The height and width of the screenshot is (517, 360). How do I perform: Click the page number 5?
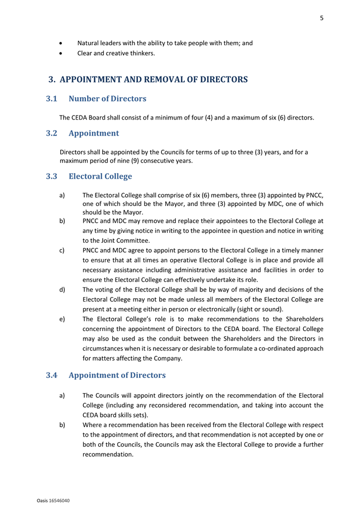[x=321, y=18]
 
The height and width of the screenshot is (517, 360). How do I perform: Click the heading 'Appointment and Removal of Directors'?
[x=153, y=80]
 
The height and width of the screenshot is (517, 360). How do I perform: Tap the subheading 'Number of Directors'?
[x=107, y=99]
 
